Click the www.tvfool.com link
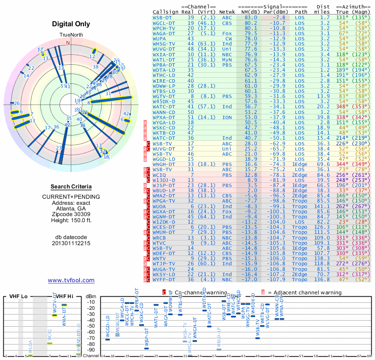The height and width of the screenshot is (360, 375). click(x=71, y=280)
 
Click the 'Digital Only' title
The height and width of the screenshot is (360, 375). click(x=71, y=24)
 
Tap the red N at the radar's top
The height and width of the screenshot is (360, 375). click(x=68, y=43)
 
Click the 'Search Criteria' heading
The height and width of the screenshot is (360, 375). click(x=71, y=187)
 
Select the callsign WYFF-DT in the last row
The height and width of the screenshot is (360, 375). click(x=164, y=279)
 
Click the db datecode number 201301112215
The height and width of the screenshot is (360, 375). click(x=71, y=244)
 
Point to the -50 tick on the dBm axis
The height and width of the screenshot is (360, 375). click(x=90, y=326)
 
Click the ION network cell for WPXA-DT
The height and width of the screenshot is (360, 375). click(x=227, y=117)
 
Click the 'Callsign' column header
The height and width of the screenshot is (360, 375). click(x=165, y=12)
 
